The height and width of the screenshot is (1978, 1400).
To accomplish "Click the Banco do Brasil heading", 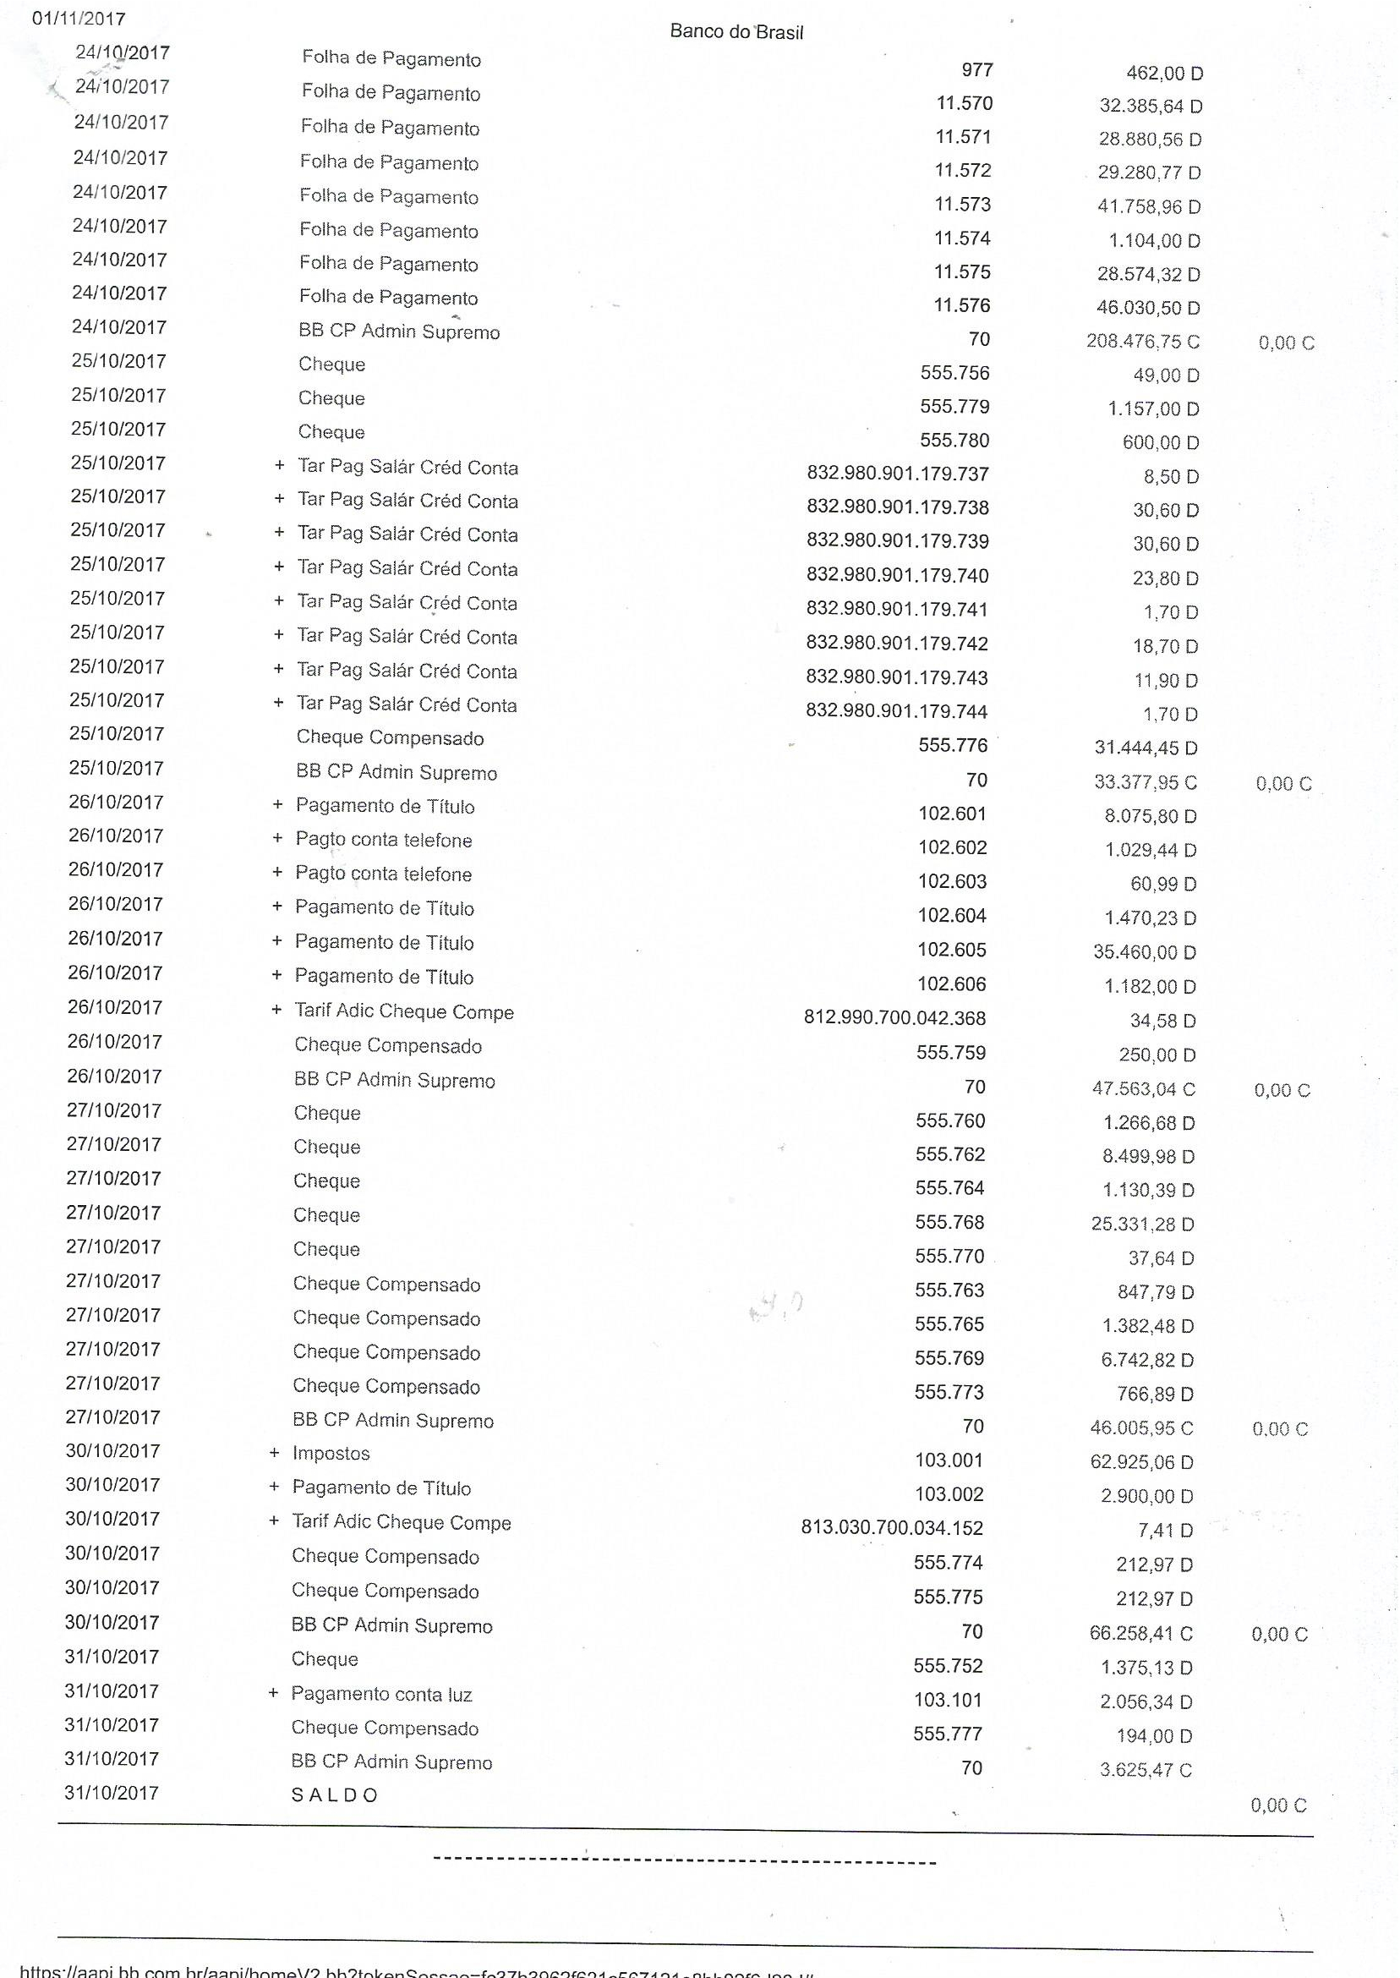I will (736, 32).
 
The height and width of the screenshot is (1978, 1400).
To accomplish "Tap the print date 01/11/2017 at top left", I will (79, 18).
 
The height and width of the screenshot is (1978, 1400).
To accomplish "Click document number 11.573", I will (963, 205).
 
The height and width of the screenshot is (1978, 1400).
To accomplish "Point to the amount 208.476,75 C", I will (1142, 342).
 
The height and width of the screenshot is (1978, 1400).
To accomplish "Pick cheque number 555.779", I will (954, 406).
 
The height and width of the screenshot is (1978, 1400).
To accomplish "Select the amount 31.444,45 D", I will (1146, 748).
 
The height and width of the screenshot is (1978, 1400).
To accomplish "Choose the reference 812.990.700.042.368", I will (894, 1018).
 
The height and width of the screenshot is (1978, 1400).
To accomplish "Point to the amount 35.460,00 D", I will (1145, 952).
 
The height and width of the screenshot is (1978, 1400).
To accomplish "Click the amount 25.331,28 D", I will (1142, 1224).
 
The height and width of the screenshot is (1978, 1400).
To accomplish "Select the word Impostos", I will (331, 1454).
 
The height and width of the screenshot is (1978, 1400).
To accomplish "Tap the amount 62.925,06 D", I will (1141, 1461).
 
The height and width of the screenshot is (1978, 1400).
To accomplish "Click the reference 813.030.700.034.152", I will (891, 1528).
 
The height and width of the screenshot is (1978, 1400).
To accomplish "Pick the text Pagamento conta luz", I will (381, 1695).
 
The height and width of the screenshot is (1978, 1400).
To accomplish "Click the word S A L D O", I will (335, 1795).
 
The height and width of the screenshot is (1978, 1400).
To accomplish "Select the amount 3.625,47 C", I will (1146, 1770).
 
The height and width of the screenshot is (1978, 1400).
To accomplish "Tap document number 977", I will (977, 70).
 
